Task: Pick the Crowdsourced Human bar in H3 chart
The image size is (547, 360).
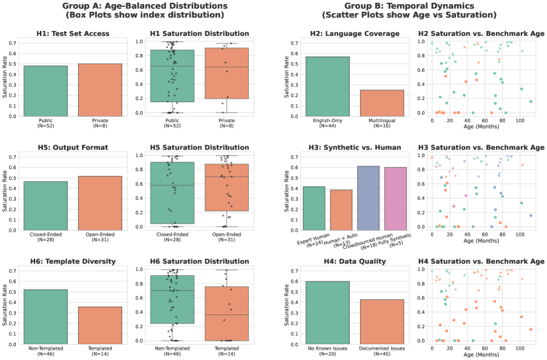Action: [x=368, y=187]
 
